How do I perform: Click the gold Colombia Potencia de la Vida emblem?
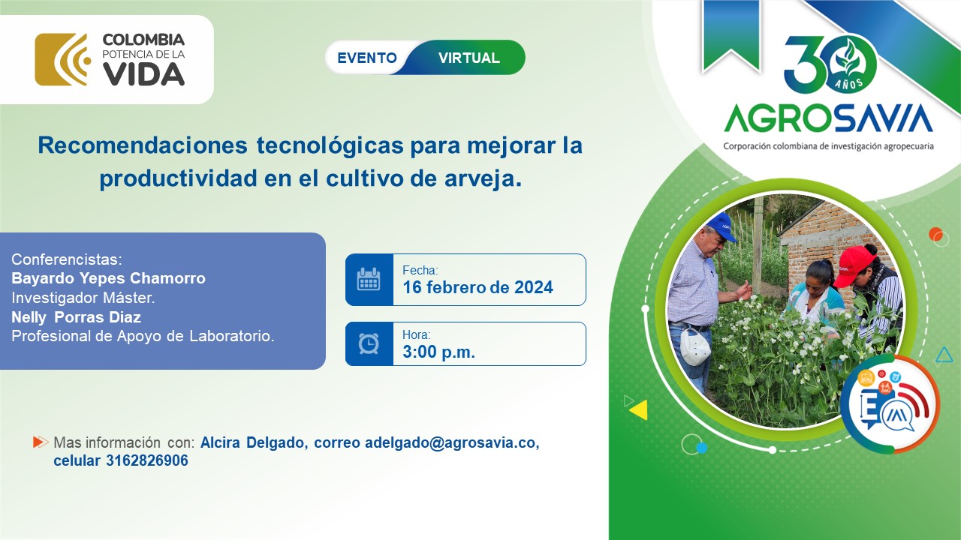click(x=62, y=59)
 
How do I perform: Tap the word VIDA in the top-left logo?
click(x=143, y=74)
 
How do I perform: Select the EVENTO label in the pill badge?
click(x=367, y=58)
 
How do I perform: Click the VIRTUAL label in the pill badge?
click(x=468, y=58)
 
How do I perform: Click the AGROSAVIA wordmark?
click(x=828, y=118)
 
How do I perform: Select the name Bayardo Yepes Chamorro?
click(x=108, y=278)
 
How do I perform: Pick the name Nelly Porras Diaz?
click(x=76, y=317)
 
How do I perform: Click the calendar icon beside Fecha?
click(x=369, y=280)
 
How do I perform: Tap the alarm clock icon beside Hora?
click(x=369, y=343)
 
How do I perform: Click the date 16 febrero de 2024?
click(x=477, y=287)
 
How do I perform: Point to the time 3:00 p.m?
click(x=438, y=352)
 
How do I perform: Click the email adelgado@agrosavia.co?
click(x=451, y=442)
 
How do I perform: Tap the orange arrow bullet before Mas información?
click(x=40, y=442)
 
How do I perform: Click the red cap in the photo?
click(x=854, y=263)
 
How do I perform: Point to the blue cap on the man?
click(x=722, y=225)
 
